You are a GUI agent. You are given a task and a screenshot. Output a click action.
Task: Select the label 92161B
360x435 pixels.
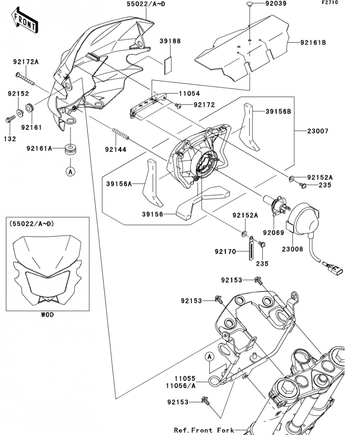tap(313, 43)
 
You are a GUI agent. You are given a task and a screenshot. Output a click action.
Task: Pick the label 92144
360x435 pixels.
tap(115, 150)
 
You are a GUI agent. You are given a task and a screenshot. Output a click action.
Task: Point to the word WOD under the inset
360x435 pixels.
tap(47, 315)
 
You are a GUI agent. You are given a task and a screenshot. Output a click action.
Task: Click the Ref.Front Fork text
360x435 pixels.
tap(200, 430)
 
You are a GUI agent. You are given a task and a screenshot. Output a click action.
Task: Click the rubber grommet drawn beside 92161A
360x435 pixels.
tap(70, 149)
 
